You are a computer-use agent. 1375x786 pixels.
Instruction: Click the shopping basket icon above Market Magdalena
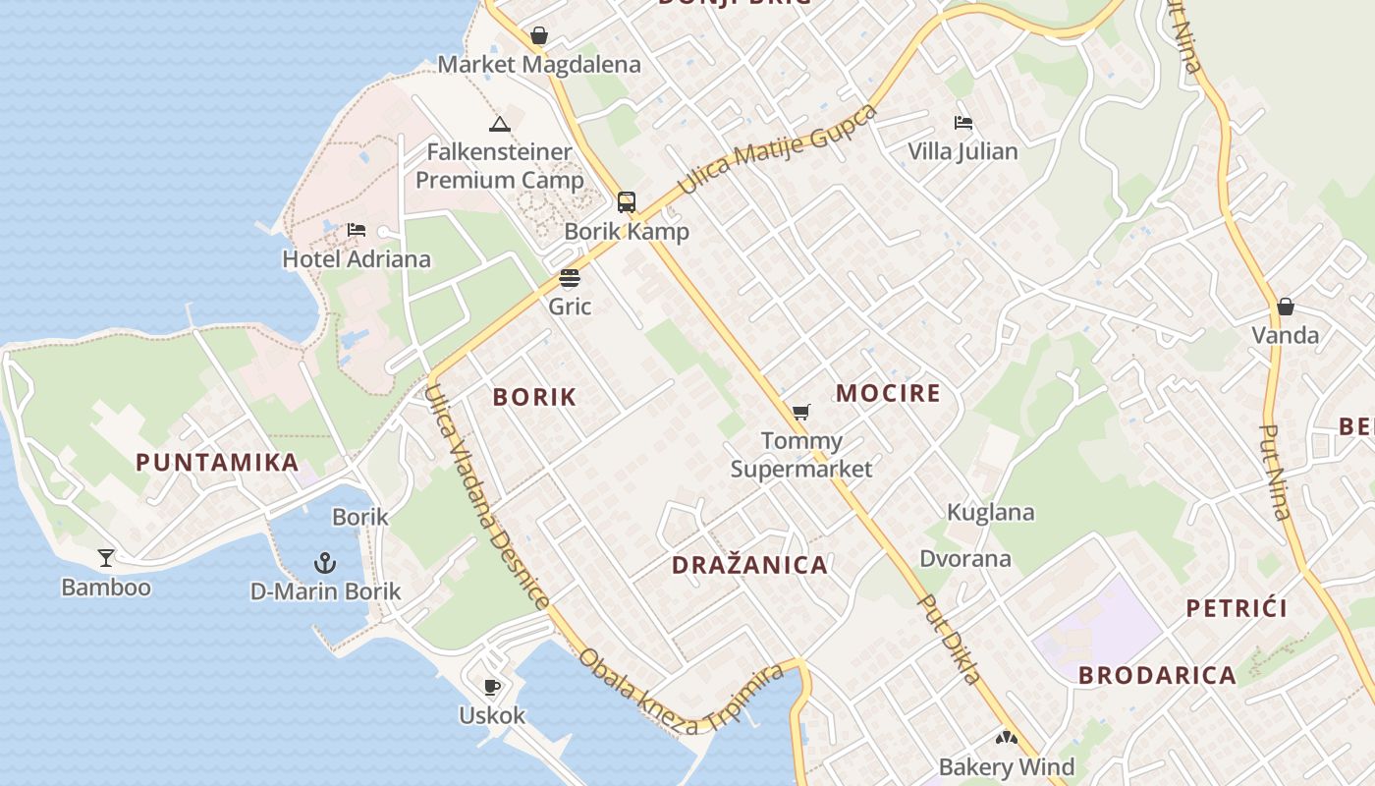pos(538,36)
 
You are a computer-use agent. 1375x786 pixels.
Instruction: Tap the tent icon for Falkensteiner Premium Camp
pos(500,124)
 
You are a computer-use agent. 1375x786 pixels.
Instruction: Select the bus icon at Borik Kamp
pos(626,202)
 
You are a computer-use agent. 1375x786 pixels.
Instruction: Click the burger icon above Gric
pos(570,278)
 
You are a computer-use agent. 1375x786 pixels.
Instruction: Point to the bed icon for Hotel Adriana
pos(357,230)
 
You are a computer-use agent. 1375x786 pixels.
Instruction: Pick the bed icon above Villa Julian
pos(962,123)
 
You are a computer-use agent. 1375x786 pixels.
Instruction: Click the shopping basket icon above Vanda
pos(1285,307)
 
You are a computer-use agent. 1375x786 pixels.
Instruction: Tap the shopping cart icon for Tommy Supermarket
pos(801,412)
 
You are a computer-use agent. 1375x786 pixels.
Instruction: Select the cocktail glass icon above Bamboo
pos(106,558)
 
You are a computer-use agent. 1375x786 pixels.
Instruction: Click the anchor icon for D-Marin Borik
pos(325,563)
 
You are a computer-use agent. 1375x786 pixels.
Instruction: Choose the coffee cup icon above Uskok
pos(492,687)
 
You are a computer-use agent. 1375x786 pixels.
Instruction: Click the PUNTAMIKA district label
pos(217,463)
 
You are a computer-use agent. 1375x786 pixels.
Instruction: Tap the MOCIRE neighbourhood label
pos(888,394)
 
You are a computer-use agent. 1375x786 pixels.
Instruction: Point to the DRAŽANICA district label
pos(749,565)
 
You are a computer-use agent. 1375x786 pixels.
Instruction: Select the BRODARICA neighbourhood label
pos(1157,675)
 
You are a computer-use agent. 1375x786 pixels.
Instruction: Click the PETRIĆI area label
pos(1236,608)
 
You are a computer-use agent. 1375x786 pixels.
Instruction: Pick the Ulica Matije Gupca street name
pos(776,149)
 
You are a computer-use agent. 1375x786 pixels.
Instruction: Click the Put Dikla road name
pos(949,639)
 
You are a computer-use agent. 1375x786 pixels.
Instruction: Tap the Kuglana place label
pos(990,512)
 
